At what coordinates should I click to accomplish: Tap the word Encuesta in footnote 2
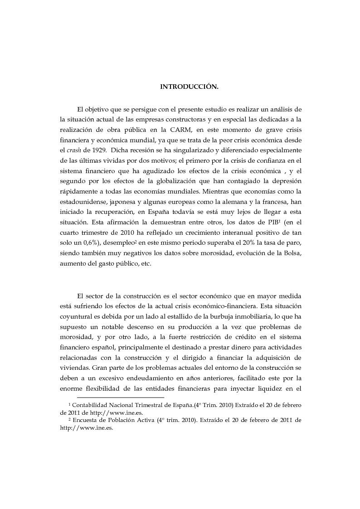click(x=86, y=420)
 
